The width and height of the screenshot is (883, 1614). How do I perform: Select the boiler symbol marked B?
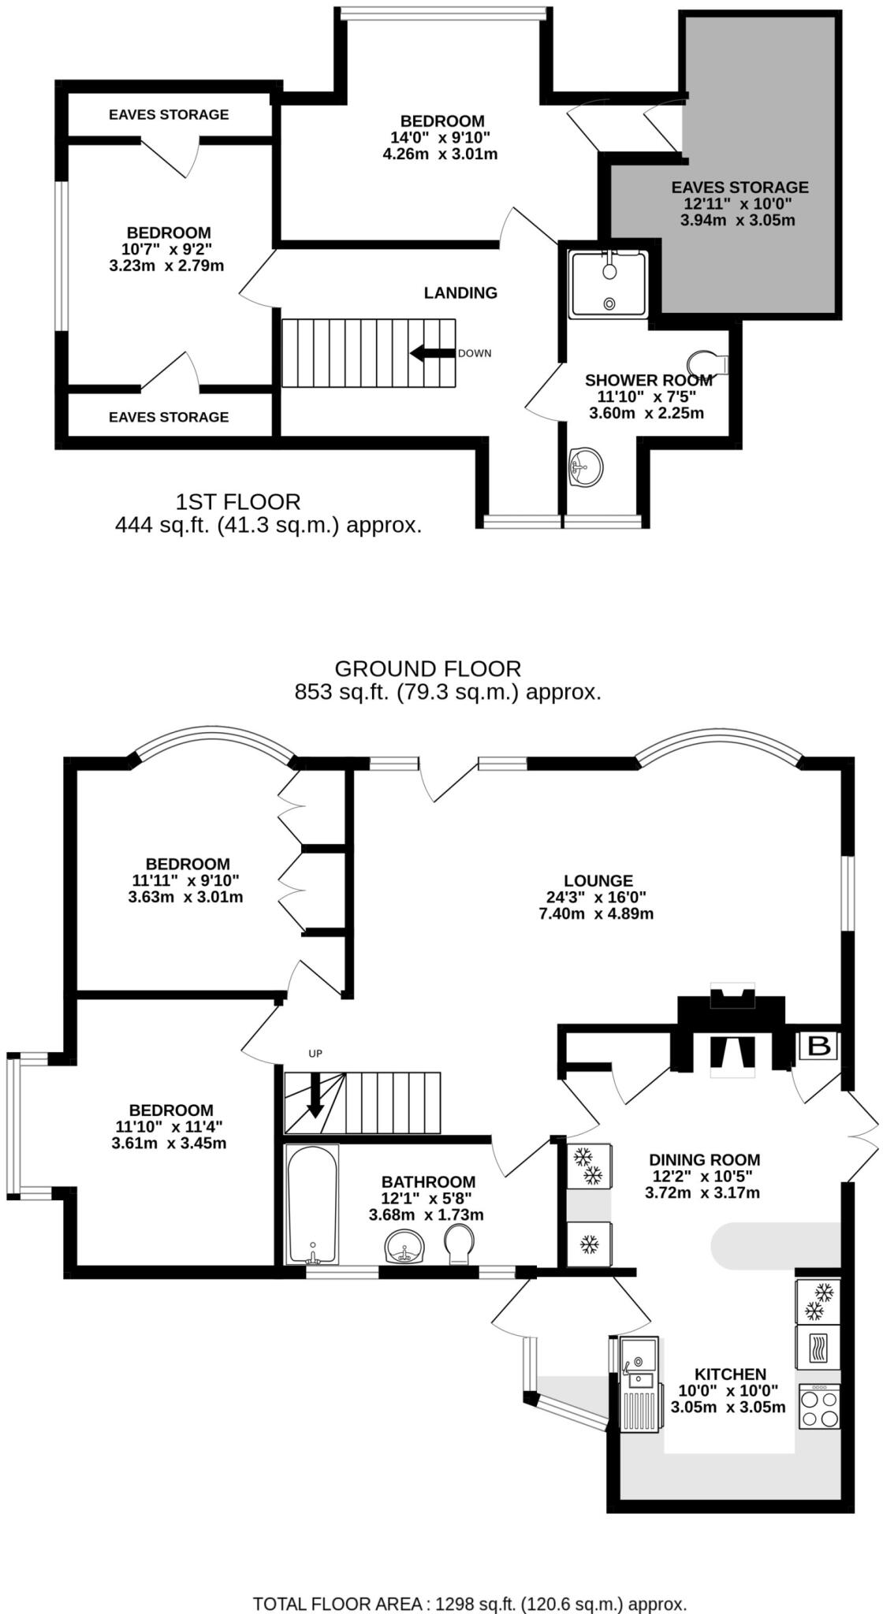coord(819,1046)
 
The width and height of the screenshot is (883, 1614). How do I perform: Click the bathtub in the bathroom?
coord(312,1205)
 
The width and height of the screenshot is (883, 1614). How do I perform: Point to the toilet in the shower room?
coord(708,363)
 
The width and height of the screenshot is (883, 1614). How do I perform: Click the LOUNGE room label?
coord(598,881)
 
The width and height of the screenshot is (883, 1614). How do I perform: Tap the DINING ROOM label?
coord(704,1159)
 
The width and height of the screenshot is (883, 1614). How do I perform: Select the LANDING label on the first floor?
coord(460,293)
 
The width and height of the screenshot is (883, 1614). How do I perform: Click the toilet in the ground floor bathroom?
coord(459,1244)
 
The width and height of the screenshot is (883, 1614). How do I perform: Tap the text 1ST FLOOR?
coord(237,501)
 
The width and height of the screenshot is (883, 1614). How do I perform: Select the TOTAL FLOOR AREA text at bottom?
coord(469,1603)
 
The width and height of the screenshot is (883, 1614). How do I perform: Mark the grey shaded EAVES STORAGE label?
coord(740,188)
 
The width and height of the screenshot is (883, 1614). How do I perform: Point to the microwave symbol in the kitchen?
coord(818,1348)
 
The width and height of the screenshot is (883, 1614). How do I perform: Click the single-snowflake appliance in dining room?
coord(588,1244)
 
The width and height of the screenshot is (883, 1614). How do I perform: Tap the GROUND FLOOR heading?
coord(427,669)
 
